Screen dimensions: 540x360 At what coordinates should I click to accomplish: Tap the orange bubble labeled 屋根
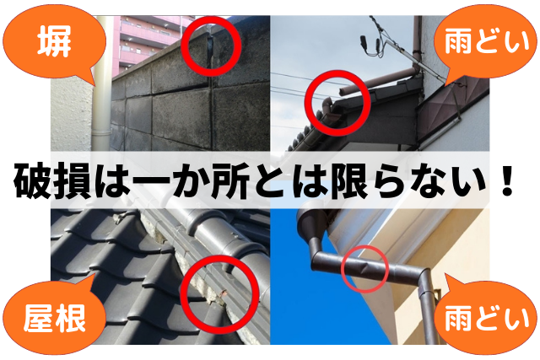[53, 315]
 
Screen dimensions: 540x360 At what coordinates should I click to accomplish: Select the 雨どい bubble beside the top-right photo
[486, 42]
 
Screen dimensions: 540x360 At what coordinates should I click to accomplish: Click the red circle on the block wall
[182, 46]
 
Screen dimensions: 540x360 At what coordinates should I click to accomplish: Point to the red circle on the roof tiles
[182, 294]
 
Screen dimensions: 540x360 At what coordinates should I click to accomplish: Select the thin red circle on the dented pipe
[342, 269]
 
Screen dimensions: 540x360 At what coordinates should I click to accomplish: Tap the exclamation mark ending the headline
[506, 180]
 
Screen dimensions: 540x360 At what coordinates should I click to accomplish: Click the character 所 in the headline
[227, 180]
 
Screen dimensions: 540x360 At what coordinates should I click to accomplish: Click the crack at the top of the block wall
[210, 51]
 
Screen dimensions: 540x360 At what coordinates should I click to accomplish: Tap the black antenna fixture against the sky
[364, 44]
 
